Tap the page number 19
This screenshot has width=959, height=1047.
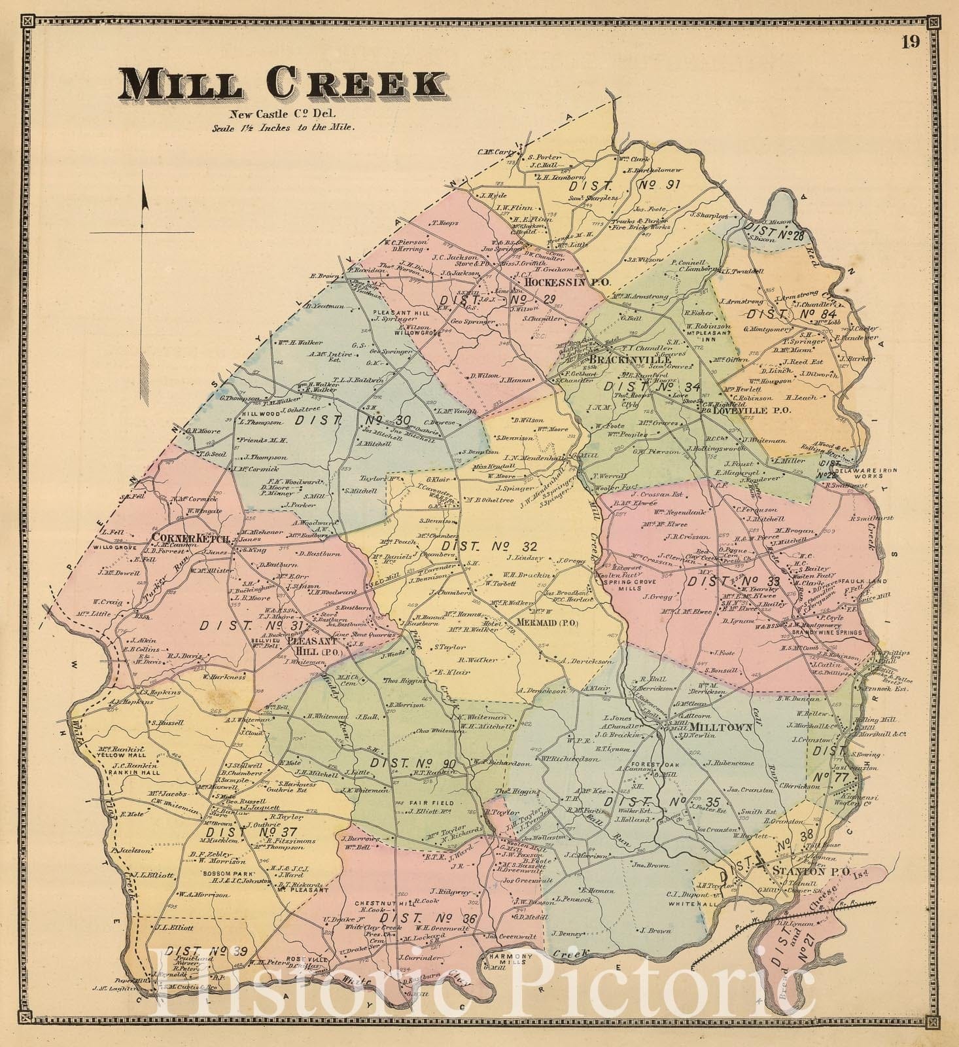tap(909, 43)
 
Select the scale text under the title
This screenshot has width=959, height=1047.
tap(283, 128)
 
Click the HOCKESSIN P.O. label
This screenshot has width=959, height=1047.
tap(567, 283)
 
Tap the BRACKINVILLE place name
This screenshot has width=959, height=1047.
tap(621, 360)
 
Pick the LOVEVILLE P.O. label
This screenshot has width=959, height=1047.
tap(752, 411)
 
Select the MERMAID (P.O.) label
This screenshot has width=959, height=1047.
tap(547, 622)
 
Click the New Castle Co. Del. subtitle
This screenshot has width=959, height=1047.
tap(283, 115)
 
